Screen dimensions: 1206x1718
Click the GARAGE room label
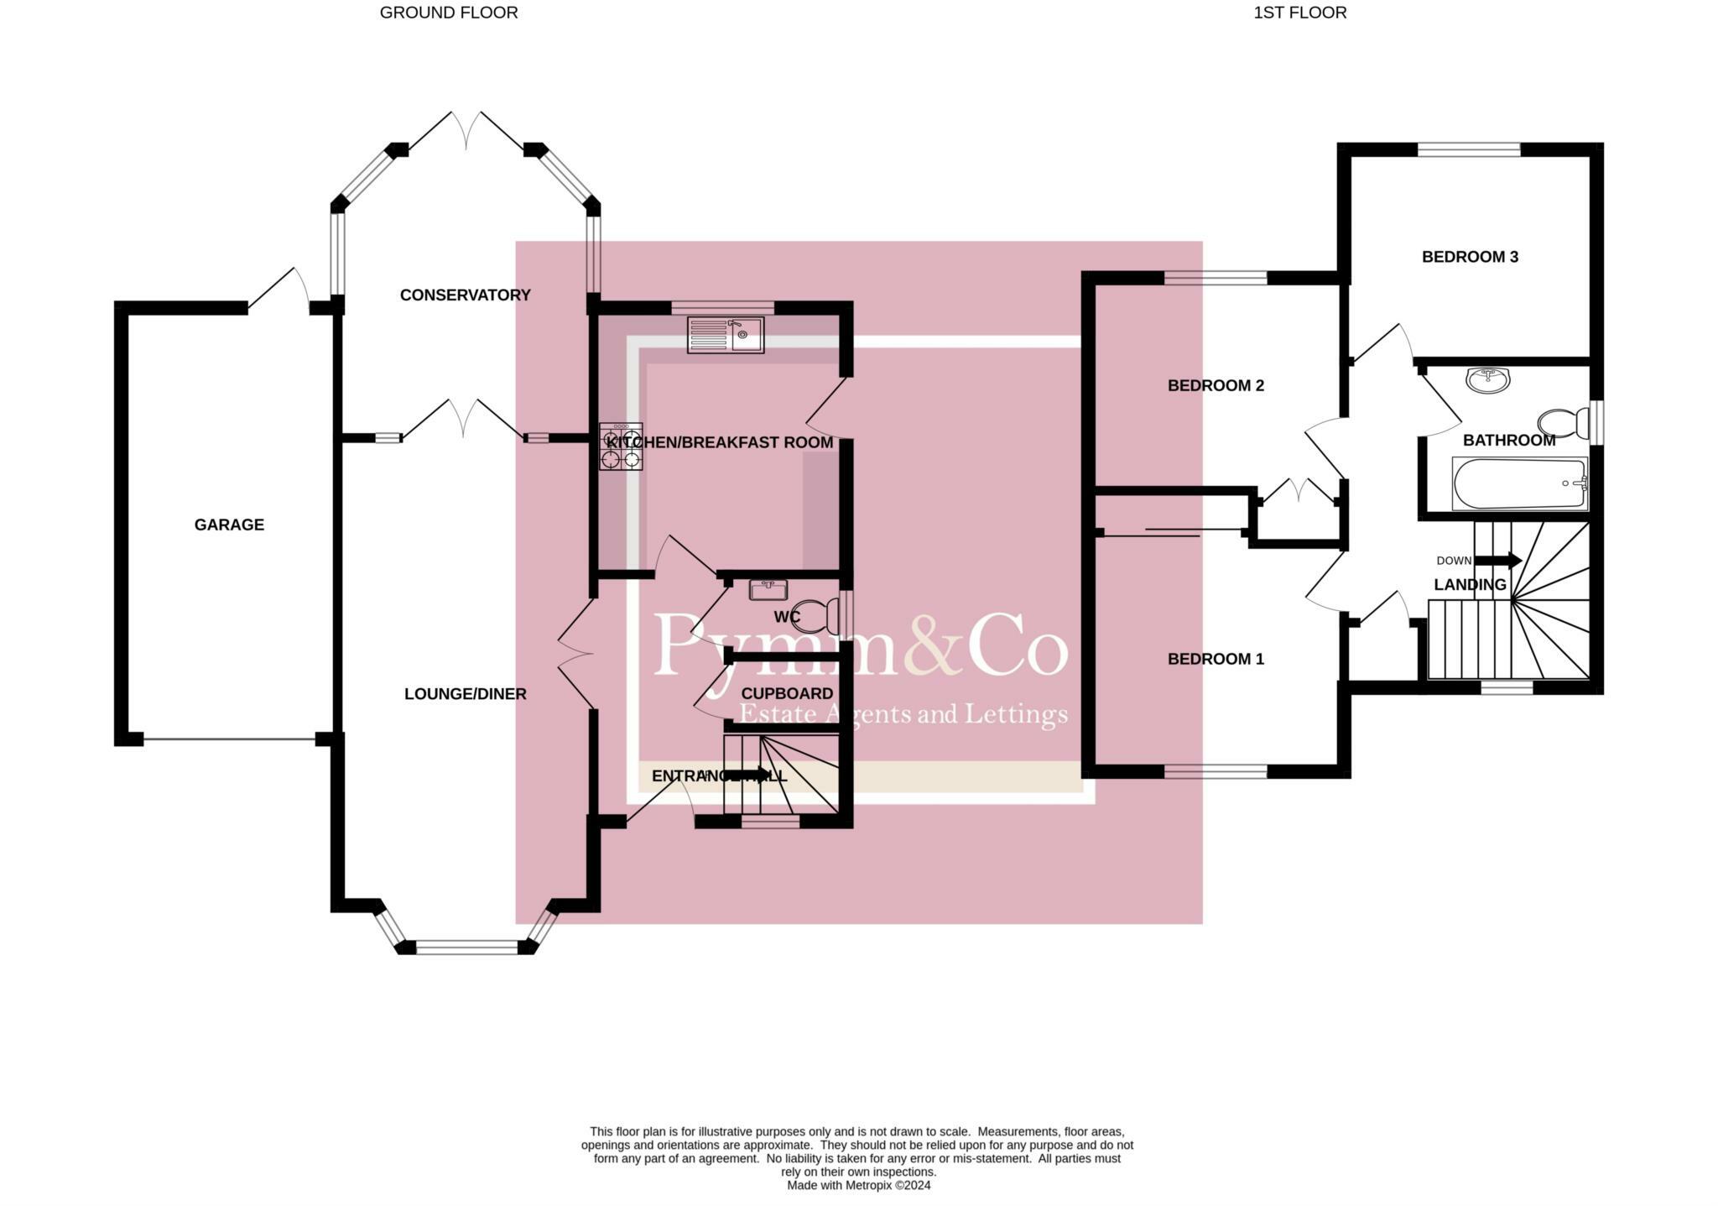coord(229,525)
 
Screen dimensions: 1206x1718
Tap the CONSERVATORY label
coord(465,295)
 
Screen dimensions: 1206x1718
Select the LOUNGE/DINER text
coord(465,694)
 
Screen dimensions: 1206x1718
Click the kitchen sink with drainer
coord(726,335)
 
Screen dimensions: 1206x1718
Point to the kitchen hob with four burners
coord(621,446)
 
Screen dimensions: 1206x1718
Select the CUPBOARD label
coord(787,693)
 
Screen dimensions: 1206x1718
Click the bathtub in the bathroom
coord(1519,483)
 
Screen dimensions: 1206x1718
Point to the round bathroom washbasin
coord(1487,380)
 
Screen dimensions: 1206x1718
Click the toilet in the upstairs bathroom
coord(1561,423)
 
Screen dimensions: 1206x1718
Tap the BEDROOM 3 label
coord(1470,257)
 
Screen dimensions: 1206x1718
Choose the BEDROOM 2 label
coord(1216,385)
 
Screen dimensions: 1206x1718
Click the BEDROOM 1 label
coord(1216,659)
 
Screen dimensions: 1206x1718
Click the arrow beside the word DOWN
coord(1498,560)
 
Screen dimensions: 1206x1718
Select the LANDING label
coord(1470,584)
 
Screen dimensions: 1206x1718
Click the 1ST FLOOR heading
coord(1299,13)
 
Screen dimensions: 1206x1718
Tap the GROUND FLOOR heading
coord(449,13)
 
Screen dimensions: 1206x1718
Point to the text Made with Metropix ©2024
coord(858,1185)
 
